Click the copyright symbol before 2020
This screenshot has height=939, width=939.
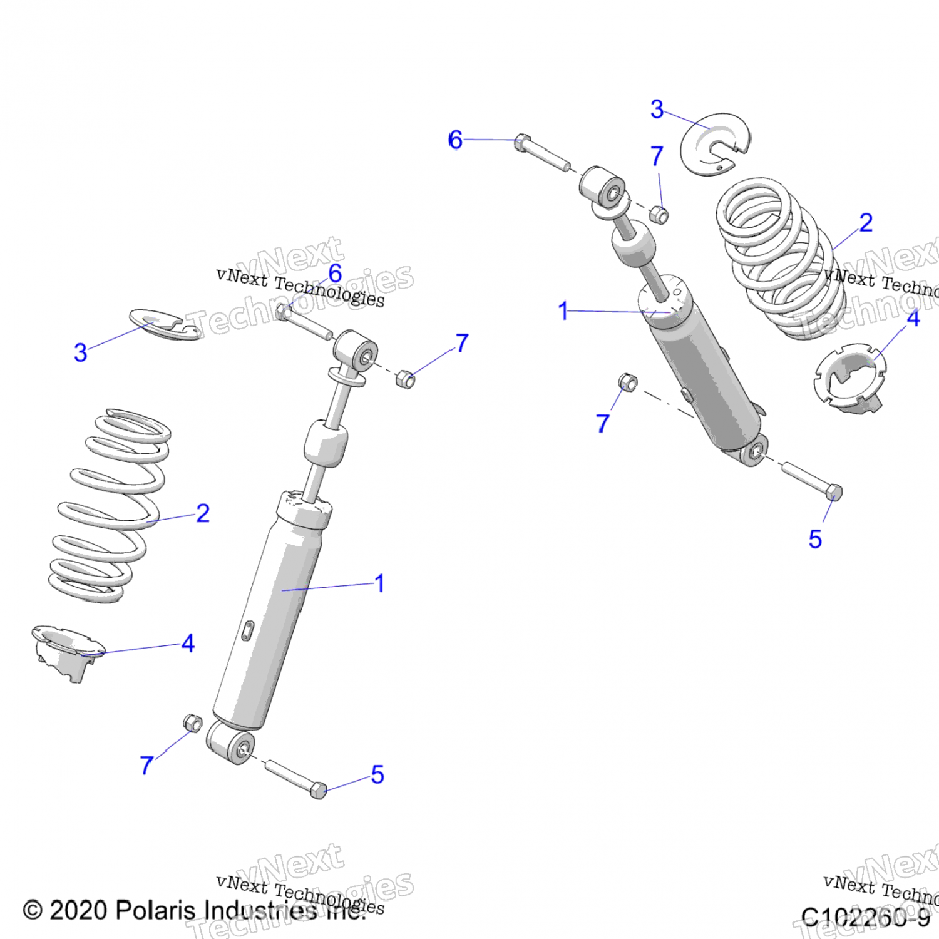[33, 910]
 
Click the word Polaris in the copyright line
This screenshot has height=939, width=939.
[156, 910]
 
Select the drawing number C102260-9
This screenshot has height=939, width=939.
[865, 918]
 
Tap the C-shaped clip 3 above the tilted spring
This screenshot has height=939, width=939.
[716, 145]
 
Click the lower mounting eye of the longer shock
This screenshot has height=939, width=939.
[230, 742]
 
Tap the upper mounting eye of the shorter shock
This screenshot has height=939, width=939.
[602, 187]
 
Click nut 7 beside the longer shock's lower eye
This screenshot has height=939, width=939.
[193, 723]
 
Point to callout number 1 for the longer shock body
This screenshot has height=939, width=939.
[379, 583]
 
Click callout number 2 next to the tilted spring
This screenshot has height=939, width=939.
[866, 223]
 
